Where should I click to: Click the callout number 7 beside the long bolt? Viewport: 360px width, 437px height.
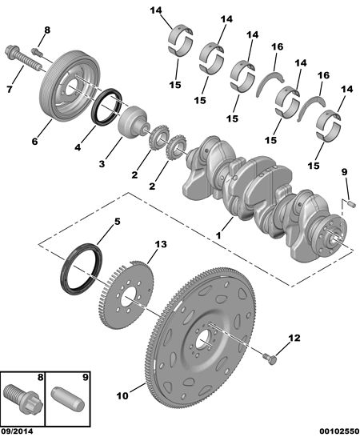click(10, 90)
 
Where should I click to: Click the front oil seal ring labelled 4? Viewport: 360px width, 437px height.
click(106, 106)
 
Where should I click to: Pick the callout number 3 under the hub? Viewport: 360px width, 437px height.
click(102, 163)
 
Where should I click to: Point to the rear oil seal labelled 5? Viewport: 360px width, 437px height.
click(81, 268)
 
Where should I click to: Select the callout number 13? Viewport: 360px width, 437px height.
click(161, 244)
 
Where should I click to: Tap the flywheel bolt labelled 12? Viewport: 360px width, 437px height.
click(270, 359)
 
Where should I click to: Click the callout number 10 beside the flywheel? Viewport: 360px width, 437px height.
click(122, 395)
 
